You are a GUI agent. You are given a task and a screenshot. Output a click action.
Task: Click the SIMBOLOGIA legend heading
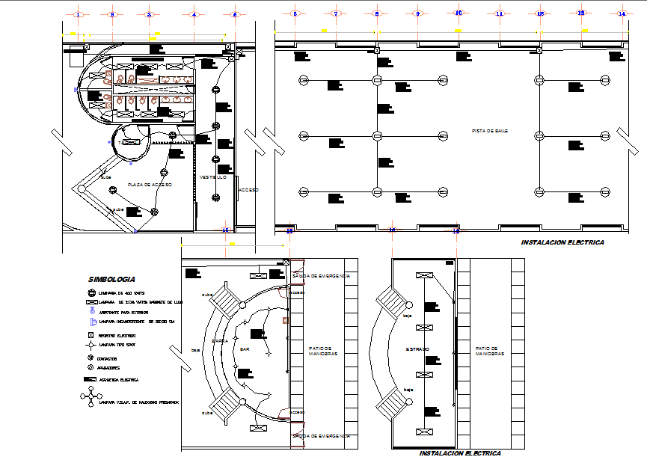(111, 278)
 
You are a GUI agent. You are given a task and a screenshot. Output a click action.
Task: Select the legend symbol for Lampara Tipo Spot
(91, 346)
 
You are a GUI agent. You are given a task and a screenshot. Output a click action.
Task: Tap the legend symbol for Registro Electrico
(91, 336)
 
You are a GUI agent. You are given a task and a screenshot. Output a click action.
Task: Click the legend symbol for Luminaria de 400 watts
(91, 292)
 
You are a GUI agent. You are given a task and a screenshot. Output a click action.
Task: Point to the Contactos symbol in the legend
(91, 358)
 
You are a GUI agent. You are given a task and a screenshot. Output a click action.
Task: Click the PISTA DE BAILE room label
(490, 130)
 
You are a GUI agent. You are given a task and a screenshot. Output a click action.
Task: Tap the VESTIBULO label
(213, 177)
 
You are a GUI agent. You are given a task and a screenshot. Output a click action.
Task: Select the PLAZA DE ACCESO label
(150, 184)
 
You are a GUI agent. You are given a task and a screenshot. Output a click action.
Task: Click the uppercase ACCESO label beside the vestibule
(248, 190)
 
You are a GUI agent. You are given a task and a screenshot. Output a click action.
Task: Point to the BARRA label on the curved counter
(220, 340)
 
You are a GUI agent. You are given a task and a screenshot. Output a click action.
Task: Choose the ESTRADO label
(417, 349)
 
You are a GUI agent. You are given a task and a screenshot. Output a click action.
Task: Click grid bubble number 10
(459, 13)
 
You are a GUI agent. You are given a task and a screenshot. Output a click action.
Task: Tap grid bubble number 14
(622, 13)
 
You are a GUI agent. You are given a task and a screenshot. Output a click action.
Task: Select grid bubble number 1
(79, 13)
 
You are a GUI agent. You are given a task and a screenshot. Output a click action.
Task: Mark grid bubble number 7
(336, 13)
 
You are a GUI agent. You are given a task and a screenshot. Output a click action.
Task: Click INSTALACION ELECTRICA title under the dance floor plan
(562, 243)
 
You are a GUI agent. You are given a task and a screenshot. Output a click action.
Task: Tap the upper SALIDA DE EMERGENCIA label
(321, 276)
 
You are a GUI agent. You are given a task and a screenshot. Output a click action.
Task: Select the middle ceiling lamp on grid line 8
(378, 135)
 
